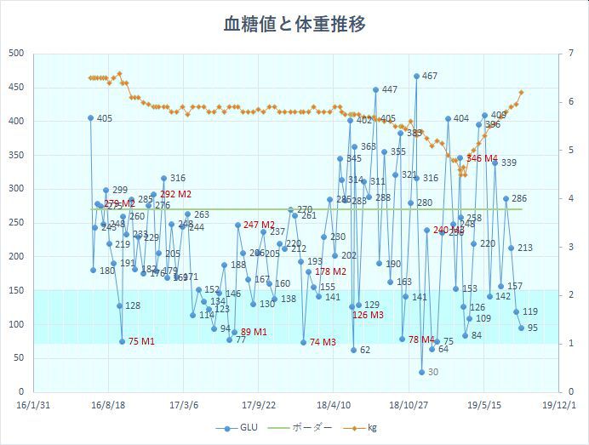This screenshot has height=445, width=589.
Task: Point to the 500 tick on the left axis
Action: [x=14, y=54]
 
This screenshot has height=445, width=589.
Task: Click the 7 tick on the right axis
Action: [x=569, y=54]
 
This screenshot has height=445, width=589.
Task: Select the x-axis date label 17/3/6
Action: [x=184, y=406]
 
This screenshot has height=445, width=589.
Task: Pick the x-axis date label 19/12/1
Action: [x=558, y=406]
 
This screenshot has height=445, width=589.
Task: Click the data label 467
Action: [x=430, y=77]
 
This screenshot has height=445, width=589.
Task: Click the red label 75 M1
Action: [x=141, y=342]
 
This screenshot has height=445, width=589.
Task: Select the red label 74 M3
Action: [x=323, y=342]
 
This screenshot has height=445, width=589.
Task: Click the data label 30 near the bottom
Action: [x=432, y=372]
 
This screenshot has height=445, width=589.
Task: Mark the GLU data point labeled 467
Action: [x=416, y=76]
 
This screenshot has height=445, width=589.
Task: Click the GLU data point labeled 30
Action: [x=421, y=372]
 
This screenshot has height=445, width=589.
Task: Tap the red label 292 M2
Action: [x=175, y=194]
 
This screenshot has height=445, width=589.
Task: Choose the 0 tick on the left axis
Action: [x=20, y=392]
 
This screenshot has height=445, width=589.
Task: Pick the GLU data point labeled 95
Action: [x=521, y=328]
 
